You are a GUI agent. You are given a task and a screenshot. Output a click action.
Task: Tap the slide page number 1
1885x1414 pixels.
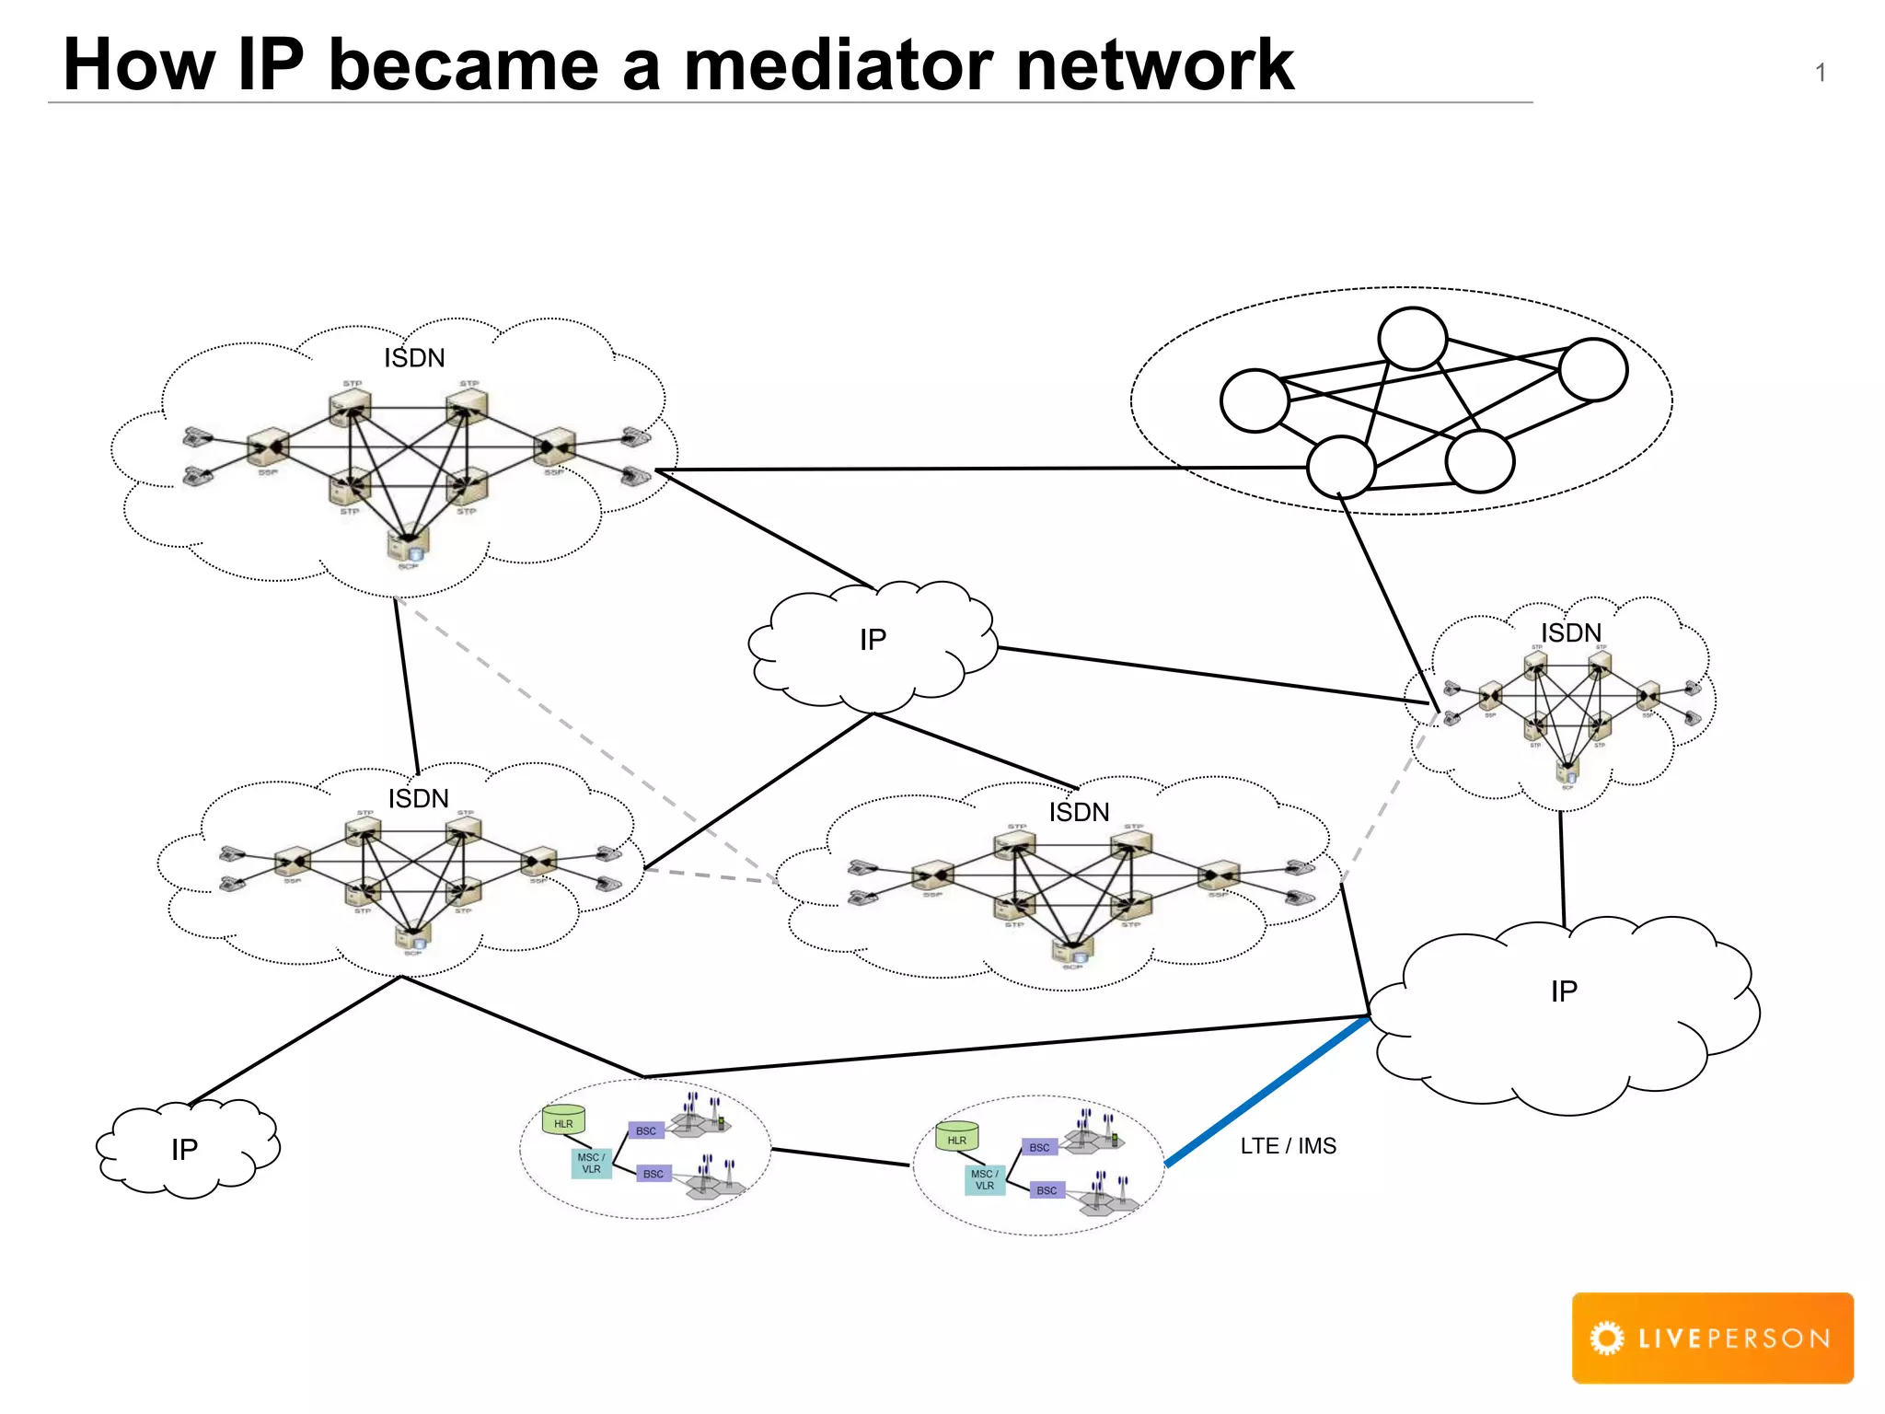tap(1820, 73)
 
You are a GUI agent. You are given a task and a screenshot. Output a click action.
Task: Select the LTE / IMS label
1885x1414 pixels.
tap(1288, 1146)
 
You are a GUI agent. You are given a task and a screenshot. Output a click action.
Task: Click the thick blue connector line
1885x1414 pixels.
tap(1267, 1092)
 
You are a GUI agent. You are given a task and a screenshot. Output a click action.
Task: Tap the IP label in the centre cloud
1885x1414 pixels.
tap(873, 640)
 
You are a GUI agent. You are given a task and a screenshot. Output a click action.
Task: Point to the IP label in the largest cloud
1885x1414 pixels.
tap(1563, 991)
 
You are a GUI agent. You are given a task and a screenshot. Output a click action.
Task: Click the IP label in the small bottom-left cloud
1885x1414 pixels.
tap(184, 1150)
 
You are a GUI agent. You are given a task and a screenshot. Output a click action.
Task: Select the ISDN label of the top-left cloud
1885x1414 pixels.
tap(414, 358)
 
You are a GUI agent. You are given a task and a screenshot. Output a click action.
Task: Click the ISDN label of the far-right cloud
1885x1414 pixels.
tap(1570, 633)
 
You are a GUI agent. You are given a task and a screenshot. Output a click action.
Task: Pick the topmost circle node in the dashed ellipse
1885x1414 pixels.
tap(1412, 339)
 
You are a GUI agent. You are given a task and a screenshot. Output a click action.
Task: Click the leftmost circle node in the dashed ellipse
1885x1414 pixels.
tap(1255, 400)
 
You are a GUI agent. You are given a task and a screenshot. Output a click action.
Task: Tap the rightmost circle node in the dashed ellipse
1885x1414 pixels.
tap(1593, 369)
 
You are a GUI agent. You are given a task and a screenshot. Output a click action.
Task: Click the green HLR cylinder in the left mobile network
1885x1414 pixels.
tap(563, 1119)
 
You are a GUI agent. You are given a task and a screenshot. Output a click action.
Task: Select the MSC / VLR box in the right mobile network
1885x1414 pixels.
tap(984, 1180)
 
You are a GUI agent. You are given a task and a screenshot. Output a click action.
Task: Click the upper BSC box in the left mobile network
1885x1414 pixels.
tap(646, 1130)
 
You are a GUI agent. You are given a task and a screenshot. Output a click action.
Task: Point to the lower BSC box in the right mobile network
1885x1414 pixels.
tap(1047, 1190)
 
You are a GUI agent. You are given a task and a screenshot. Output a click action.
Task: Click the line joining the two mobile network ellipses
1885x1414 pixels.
tap(840, 1157)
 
